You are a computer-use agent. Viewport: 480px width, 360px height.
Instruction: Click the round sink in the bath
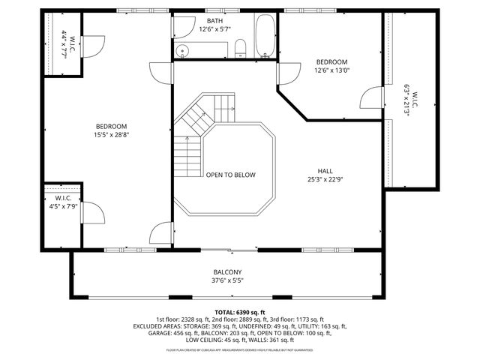tap(183, 50)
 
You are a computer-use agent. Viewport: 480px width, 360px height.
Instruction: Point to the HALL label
tap(325, 171)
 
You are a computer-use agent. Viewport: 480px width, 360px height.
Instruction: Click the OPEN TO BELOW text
tap(231, 175)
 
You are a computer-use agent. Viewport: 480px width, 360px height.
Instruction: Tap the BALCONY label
tap(226, 272)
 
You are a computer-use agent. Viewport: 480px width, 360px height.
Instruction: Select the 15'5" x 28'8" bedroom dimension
tap(111, 136)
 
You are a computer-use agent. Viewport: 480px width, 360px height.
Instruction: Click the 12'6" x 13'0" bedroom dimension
tap(331, 71)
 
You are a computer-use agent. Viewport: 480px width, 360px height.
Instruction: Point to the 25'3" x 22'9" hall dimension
tap(325, 180)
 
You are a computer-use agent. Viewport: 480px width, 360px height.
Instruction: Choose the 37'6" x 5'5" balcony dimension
tap(226, 281)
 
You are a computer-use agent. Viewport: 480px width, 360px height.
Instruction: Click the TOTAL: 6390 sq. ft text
tap(240, 312)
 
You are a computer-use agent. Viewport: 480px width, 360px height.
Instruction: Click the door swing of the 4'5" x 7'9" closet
tap(92, 214)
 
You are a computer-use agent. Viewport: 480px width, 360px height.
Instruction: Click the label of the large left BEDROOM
tap(111, 126)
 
